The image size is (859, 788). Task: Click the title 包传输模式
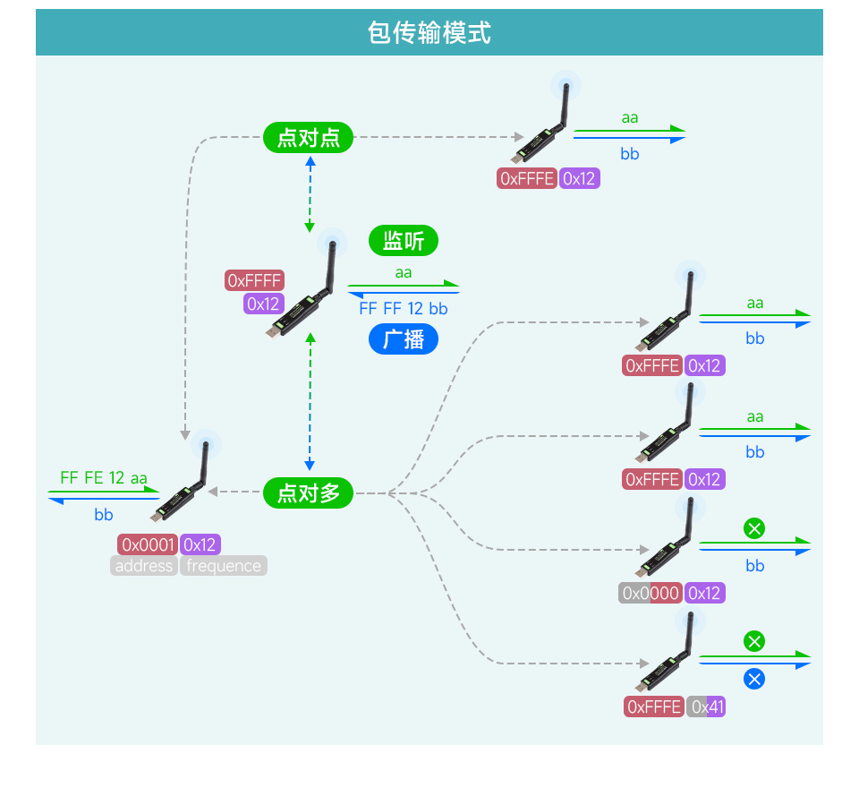[429, 33]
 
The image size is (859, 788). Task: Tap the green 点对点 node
[309, 138]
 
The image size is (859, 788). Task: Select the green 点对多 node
[309, 492]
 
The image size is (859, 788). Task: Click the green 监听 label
[404, 241]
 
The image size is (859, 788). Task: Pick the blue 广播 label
[404, 339]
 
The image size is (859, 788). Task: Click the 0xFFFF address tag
[254, 280]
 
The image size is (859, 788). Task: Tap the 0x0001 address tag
[148, 544]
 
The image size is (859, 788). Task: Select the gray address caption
[144, 566]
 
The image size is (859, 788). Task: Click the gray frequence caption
[224, 566]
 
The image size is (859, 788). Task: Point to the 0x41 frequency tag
[707, 707]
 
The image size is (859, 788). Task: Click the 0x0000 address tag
[651, 593]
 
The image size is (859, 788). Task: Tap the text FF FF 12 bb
[404, 309]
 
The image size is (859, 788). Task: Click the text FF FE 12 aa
[104, 477]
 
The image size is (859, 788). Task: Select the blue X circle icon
[754, 679]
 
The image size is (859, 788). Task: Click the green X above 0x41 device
[754, 641]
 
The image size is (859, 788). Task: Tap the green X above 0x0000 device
[754, 528]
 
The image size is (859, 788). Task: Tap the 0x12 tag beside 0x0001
[200, 544]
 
